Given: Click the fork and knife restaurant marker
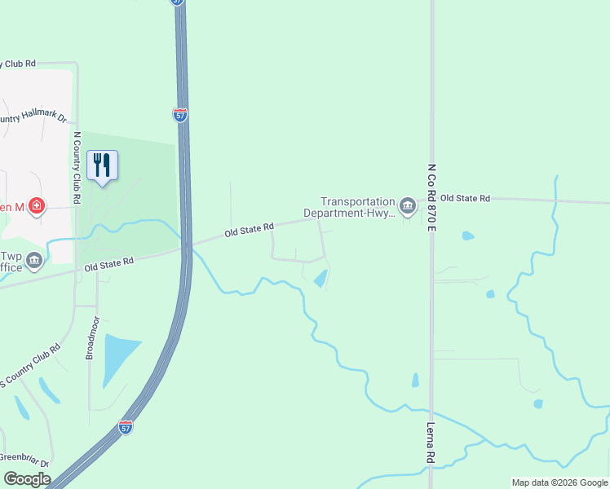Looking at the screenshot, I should coord(102,165).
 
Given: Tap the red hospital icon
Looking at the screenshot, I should coord(36,206).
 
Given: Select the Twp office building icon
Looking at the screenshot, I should coord(34,261).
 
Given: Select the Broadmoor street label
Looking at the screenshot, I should coord(91,337).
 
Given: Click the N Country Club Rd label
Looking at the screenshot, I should coord(78,167).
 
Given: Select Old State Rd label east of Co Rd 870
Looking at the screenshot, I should coord(465,198).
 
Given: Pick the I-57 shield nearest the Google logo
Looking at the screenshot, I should coord(125,426).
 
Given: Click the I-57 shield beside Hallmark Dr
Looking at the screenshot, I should coord(180,115).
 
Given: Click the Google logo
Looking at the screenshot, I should coord(27,479).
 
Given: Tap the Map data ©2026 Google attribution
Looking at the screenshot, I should coord(559,482).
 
